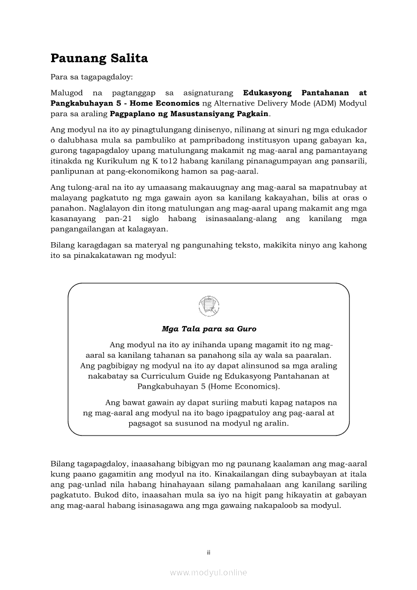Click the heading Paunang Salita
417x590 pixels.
point(99,59)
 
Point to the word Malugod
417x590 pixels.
point(66,93)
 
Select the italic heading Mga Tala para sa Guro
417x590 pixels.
point(209,329)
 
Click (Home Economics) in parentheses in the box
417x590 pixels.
point(242,387)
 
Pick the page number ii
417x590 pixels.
point(209,552)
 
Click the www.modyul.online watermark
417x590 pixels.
point(209,572)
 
